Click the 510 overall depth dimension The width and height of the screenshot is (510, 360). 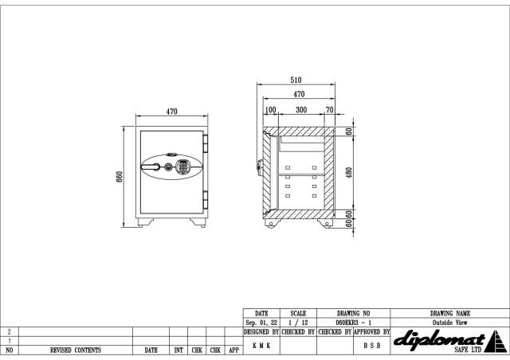[x=296, y=80]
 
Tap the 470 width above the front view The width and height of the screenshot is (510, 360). [x=172, y=112]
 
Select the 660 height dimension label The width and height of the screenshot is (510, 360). [x=120, y=177]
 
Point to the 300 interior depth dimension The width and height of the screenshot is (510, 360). [x=301, y=110]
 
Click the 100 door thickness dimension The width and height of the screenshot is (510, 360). [x=270, y=110]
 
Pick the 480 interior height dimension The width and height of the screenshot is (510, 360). [x=349, y=173]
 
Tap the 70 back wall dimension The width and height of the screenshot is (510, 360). [x=329, y=110]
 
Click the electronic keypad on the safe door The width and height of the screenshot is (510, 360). [x=182, y=166]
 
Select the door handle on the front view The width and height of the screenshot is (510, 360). [x=151, y=167]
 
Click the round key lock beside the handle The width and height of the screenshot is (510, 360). [x=168, y=167]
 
